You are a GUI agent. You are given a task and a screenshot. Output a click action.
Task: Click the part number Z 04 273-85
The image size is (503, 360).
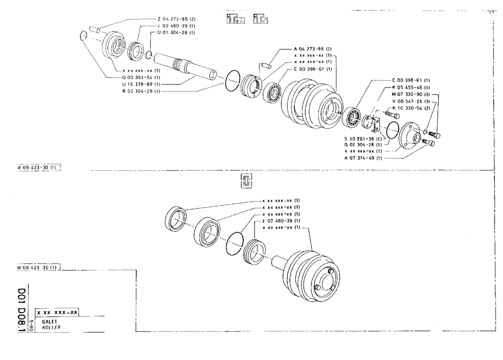(x=176, y=19)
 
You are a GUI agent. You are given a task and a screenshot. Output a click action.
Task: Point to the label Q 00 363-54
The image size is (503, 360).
(x=142, y=78)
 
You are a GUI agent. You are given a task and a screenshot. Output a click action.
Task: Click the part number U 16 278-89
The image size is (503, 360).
(x=142, y=84)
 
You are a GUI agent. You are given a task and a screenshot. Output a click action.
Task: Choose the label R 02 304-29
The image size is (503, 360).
(x=142, y=92)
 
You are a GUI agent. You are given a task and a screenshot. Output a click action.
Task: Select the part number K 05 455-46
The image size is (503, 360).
(x=410, y=87)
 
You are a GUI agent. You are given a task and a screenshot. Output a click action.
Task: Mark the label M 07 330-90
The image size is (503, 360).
(x=410, y=94)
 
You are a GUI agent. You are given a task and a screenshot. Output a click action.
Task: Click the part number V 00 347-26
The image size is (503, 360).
(x=410, y=101)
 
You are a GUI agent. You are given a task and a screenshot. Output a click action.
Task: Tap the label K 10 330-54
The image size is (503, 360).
(x=410, y=108)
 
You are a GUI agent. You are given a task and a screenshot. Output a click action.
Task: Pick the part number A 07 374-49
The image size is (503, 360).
(x=363, y=158)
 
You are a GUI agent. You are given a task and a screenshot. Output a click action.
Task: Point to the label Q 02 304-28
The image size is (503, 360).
(x=363, y=144)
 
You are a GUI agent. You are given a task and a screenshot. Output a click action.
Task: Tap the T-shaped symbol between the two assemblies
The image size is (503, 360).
(x=246, y=183)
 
